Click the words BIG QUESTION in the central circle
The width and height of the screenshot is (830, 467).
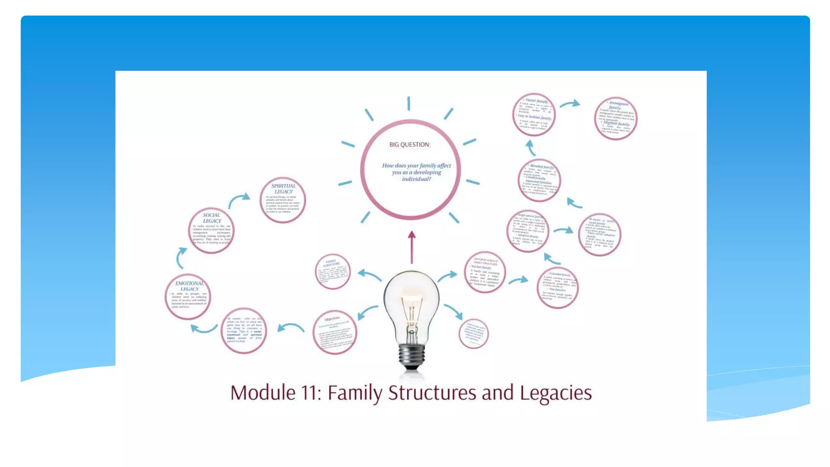click(410, 145)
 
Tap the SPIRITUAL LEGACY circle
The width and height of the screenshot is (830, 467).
click(282, 200)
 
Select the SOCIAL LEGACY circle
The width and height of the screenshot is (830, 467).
click(211, 231)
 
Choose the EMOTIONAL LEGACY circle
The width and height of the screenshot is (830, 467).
click(188, 296)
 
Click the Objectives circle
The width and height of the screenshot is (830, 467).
click(335, 332)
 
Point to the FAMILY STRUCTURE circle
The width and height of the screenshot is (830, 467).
click(332, 271)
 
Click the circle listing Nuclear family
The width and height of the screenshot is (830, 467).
click(485, 272)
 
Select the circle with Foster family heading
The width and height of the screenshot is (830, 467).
click(534, 114)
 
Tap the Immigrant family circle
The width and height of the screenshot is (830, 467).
click(616, 118)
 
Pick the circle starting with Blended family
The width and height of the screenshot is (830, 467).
click(539, 180)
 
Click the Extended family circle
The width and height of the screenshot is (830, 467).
click(557, 287)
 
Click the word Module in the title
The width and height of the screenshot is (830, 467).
click(263, 393)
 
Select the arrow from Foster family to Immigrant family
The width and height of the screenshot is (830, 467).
click(570, 104)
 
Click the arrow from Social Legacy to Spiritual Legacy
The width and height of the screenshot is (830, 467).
click(239, 200)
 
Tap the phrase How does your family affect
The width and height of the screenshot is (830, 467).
click(416, 165)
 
